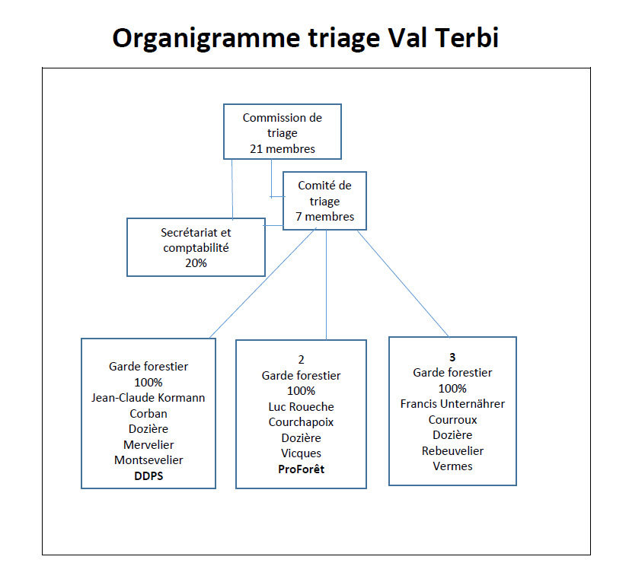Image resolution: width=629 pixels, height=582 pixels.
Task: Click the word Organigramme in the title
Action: [206, 40]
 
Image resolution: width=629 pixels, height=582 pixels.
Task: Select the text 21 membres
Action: [283, 148]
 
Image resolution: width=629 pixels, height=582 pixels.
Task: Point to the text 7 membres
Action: [325, 217]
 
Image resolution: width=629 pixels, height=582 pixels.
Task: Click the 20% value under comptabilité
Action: [196, 263]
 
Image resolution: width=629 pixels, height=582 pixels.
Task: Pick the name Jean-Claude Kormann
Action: [148, 398]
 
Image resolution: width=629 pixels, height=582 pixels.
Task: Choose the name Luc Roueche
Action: [302, 407]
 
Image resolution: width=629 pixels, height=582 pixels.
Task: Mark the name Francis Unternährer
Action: [452, 404]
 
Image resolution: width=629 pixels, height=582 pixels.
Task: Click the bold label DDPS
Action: [148, 475]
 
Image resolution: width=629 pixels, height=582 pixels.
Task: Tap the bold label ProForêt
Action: [302, 469]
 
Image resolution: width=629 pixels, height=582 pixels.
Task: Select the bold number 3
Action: [452, 357]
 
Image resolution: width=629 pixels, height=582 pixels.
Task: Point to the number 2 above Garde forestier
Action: [302, 360]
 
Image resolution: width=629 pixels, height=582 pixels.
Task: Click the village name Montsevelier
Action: [148, 460]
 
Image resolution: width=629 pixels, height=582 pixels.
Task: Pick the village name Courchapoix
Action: [302, 422]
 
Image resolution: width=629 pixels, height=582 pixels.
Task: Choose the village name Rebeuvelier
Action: [452, 451]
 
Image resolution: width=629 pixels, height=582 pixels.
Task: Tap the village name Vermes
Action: [452, 466]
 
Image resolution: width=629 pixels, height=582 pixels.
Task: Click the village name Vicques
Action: [302, 453]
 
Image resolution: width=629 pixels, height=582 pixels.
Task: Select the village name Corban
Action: [148, 413]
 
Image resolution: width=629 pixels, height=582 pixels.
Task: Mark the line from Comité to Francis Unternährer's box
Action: [403, 283]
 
